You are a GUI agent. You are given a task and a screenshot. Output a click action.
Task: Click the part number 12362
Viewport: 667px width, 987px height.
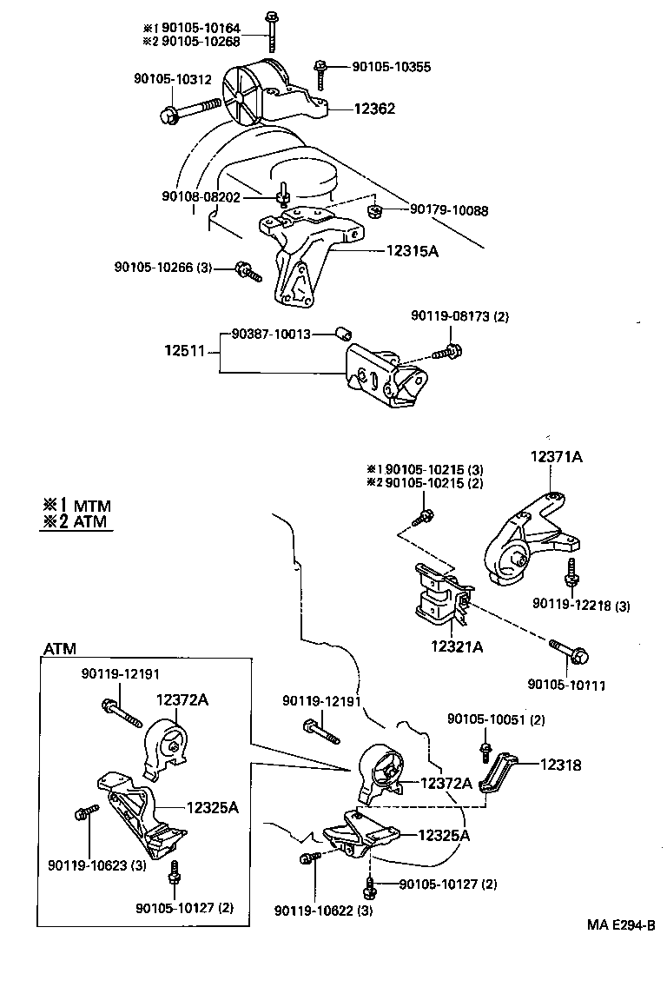point(374,109)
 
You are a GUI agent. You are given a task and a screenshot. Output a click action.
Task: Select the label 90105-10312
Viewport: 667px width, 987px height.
point(172,79)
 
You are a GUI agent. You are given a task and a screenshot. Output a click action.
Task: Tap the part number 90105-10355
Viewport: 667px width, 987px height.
point(392,67)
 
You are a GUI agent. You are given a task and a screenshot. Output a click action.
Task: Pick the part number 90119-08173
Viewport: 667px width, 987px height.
point(460,317)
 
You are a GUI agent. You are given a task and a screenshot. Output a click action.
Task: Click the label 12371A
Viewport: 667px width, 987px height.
point(557,456)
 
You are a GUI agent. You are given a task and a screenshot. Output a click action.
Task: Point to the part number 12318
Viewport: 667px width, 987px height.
point(560,765)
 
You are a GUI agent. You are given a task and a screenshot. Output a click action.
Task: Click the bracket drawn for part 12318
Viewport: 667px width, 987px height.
point(499,776)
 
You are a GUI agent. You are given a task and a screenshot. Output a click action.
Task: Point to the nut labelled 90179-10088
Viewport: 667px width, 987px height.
point(375,211)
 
